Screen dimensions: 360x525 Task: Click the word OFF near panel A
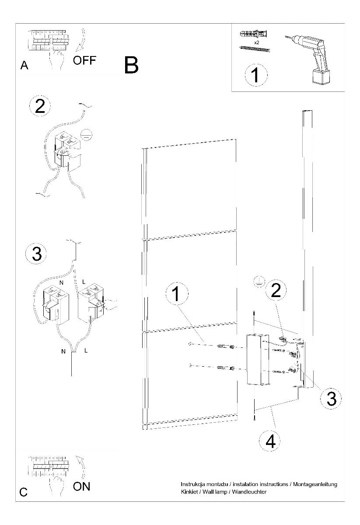click(x=84, y=60)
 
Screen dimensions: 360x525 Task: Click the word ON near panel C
click(x=81, y=486)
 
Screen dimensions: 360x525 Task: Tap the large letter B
click(x=132, y=65)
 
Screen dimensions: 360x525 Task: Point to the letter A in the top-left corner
click(x=24, y=65)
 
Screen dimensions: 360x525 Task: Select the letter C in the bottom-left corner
click(x=24, y=492)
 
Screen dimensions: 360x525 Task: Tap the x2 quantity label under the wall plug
click(x=257, y=43)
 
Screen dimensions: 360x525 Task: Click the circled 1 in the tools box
click(x=256, y=75)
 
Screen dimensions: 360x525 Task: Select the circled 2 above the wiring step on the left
click(x=40, y=106)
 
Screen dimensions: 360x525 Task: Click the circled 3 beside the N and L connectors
click(x=36, y=253)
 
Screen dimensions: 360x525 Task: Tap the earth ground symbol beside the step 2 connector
click(x=86, y=135)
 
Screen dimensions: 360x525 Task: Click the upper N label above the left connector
click(x=61, y=283)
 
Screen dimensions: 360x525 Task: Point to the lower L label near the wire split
click(x=86, y=350)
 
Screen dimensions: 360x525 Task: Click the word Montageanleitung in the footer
click(x=315, y=484)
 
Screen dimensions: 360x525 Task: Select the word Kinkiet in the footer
click(x=189, y=491)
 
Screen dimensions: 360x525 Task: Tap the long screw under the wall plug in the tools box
click(x=255, y=49)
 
